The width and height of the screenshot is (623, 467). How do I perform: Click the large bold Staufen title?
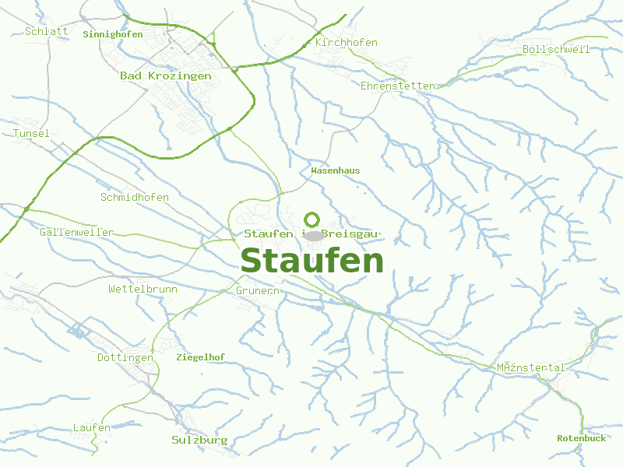[x=311, y=262]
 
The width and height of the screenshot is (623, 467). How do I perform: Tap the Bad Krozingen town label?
[x=165, y=76]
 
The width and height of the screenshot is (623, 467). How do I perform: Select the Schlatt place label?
[x=46, y=32]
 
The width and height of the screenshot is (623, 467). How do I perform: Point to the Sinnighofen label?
[x=112, y=34]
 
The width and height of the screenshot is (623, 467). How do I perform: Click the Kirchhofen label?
[x=346, y=43]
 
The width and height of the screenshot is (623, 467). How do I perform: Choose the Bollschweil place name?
[x=556, y=50]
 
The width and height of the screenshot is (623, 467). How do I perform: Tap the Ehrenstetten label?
[x=397, y=86]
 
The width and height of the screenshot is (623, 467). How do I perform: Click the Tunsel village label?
[x=31, y=134]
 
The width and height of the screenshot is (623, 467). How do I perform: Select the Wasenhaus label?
[x=335, y=170]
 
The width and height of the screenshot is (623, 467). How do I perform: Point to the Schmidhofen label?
[x=134, y=198]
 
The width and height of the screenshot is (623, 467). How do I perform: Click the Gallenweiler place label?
[x=76, y=233]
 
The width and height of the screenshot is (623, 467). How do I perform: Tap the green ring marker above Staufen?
[x=312, y=219]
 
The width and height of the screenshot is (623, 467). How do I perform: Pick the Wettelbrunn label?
[x=143, y=290]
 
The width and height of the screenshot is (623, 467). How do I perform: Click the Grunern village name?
[x=257, y=291]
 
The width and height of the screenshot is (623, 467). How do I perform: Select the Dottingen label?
[x=125, y=358]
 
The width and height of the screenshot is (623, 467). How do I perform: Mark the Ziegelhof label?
[x=200, y=357]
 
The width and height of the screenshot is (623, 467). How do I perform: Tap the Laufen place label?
[x=91, y=428]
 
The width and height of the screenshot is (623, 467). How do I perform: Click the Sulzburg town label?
[x=199, y=441]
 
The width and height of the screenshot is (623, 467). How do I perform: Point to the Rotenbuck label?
[x=581, y=438]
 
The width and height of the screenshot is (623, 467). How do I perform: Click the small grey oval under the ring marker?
[x=313, y=235]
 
